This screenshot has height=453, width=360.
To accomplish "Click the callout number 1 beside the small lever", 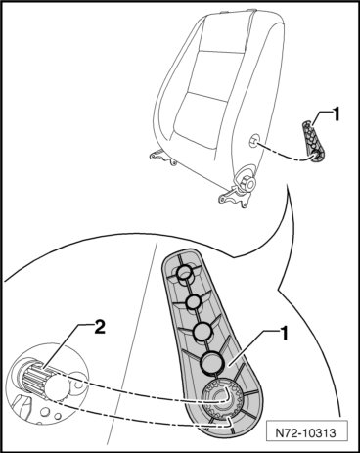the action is pos(336,114).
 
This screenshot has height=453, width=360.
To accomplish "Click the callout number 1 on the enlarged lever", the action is pos(285,334).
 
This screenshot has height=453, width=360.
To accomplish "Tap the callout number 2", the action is pos(100,327).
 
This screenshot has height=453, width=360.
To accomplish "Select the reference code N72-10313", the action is pos(305,433).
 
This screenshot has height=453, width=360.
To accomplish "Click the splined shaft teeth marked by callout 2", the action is pos(35,379).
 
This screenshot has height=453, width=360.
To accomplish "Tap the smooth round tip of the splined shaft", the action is pos(56,387).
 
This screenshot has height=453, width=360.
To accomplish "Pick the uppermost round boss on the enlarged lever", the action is pos(185,273).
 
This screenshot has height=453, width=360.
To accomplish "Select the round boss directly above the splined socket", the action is pos(212,362).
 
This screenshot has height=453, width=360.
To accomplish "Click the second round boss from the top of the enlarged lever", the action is pos(193,301).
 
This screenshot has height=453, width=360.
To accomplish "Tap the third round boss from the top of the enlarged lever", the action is pos(202,331).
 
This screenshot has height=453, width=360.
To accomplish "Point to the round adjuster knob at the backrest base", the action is pos(247,180).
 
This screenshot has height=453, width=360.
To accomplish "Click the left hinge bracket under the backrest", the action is pos(163,157).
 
